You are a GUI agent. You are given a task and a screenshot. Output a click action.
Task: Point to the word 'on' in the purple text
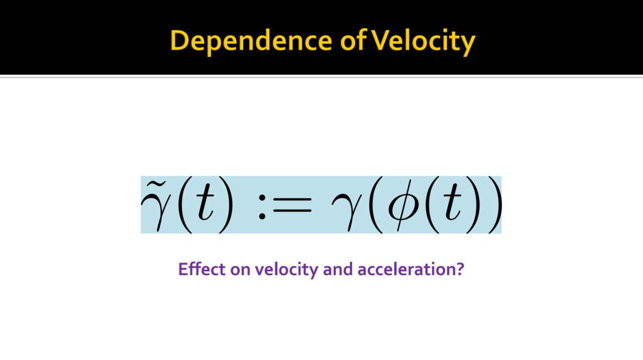coord(240,271)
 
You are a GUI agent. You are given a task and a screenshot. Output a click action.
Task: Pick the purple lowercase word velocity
coord(286,270)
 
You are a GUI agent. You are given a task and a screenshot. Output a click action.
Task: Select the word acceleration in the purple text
coord(406,269)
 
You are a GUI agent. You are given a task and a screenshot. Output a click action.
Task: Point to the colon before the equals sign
coord(262,206)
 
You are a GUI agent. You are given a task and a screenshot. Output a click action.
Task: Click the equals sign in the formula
coord(292,205)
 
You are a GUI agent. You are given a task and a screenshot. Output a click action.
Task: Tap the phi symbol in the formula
coord(402,205)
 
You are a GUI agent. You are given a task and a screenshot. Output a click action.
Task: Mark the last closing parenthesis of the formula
coord(495,205)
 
